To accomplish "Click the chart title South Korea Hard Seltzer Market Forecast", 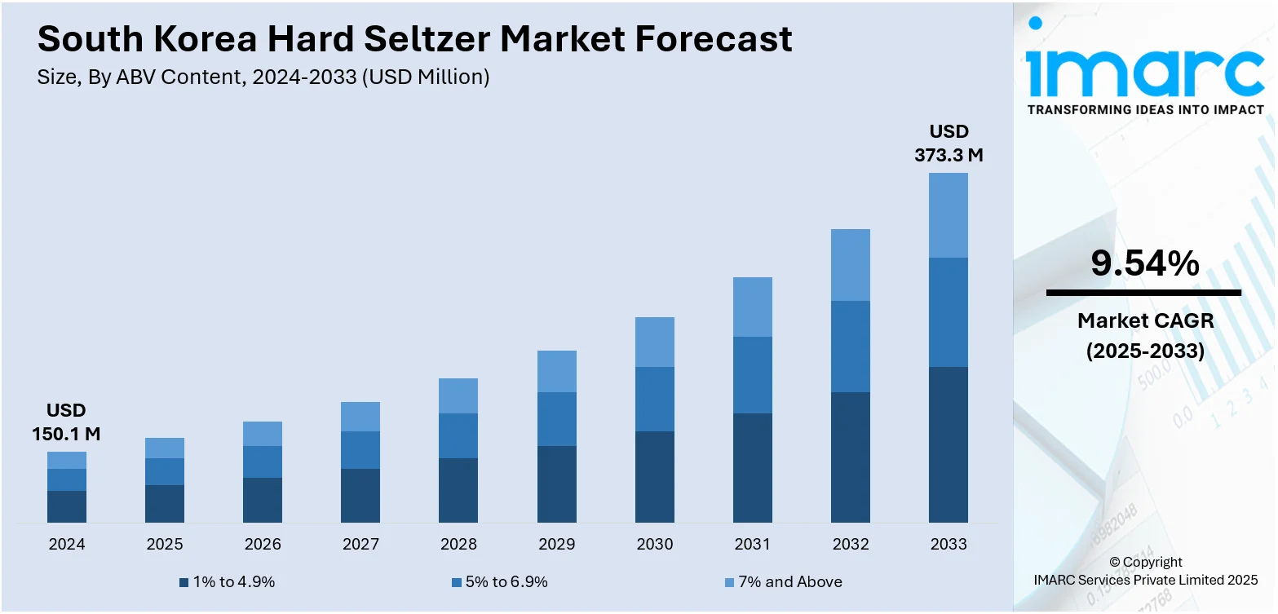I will pyautogui.click(x=414, y=38).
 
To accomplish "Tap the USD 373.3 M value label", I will pyautogui.click(x=949, y=144).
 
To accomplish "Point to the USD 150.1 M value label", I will pyautogui.click(x=66, y=422).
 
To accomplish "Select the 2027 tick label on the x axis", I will pyautogui.click(x=360, y=544).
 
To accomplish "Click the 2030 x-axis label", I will pyautogui.click(x=654, y=544).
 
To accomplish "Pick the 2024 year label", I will pyautogui.click(x=67, y=544).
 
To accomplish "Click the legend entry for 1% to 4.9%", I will pyautogui.click(x=228, y=582).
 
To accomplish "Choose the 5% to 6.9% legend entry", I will pyautogui.click(x=499, y=582).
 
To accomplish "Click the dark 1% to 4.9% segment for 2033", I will pyautogui.click(x=949, y=444).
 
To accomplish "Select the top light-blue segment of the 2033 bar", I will pyautogui.click(x=949, y=215).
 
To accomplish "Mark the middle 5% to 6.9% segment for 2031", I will pyautogui.click(x=752, y=375).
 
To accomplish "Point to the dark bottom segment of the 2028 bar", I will pyautogui.click(x=458, y=490).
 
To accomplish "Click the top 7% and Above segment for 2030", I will pyautogui.click(x=654, y=342).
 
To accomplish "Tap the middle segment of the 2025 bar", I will pyautogui.click(x=165, y=471).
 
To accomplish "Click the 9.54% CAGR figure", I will pyautogui.click(x=1145, y=263).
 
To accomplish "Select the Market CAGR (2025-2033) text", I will pyautogui.click(x=1145, y=336).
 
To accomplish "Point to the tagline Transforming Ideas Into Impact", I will pyautogui.click(x=1145, y=109).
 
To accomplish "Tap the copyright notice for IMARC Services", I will pyautogui.click(x=1145, y=571).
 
